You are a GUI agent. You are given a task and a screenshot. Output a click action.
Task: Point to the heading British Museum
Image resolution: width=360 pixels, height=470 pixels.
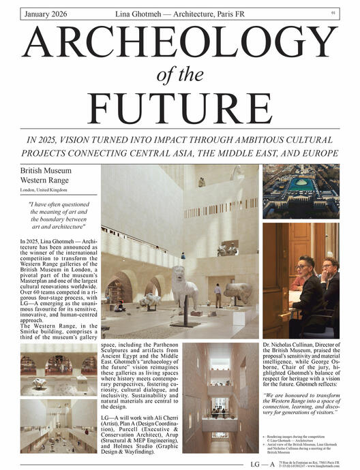point(46,170)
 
